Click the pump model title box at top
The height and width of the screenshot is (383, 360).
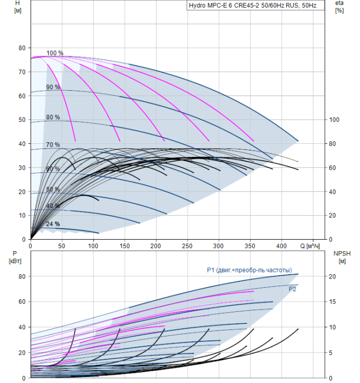click(x=256, y=5)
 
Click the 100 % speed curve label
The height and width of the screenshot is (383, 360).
click(x=55, y=53)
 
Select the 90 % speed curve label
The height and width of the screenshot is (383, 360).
click(x=53, y=87)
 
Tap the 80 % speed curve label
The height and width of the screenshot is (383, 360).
click(x=53, y=117)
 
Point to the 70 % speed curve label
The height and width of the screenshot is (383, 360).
click(x=53, y=144)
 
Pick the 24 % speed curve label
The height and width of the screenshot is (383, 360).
click(x=53, y=224)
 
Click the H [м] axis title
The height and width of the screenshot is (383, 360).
click(x=18, y=7)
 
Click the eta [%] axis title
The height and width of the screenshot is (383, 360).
click(x=340, y=7)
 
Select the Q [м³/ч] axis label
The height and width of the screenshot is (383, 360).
click(x=310, y=246)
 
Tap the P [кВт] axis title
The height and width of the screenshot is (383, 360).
click(x=15, y=257)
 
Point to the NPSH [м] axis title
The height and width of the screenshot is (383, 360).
click(x=342, y=257)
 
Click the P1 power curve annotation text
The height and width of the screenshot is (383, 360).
click(x=249, y=270)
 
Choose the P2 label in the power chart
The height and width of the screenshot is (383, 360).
click(x=292, y=289)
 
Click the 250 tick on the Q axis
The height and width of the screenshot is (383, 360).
click(x=187, y=246)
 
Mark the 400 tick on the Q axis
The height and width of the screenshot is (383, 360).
click(x=281, y=246)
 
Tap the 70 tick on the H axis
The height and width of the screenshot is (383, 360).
click(x=22, y=72)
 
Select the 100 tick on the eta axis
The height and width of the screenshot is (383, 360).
click(x=334, y=120)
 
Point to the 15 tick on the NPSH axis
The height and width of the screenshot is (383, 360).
click(x=333, y=301)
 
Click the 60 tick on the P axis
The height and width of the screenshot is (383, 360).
click(x=22, y=301)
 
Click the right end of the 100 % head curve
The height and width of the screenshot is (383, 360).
click(x=298, y=141)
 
